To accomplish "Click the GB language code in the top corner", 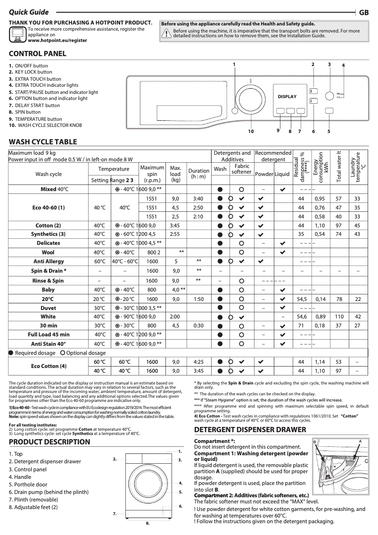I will point(364,13).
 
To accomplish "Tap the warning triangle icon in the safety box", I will point(166,33).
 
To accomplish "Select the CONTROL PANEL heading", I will point(38,54).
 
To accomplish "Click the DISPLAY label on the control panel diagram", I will point(287,97).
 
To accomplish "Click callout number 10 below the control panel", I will point(251,131).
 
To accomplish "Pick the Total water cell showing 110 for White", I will point(338,317).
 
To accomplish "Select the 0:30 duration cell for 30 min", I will point(198,326).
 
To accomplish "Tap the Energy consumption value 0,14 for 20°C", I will point(320,299).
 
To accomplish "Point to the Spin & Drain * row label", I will point(49,271).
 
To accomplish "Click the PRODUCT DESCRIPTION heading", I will point(49,442).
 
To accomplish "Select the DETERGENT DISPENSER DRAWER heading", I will point(250,430).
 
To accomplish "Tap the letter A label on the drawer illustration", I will point(360,441).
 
